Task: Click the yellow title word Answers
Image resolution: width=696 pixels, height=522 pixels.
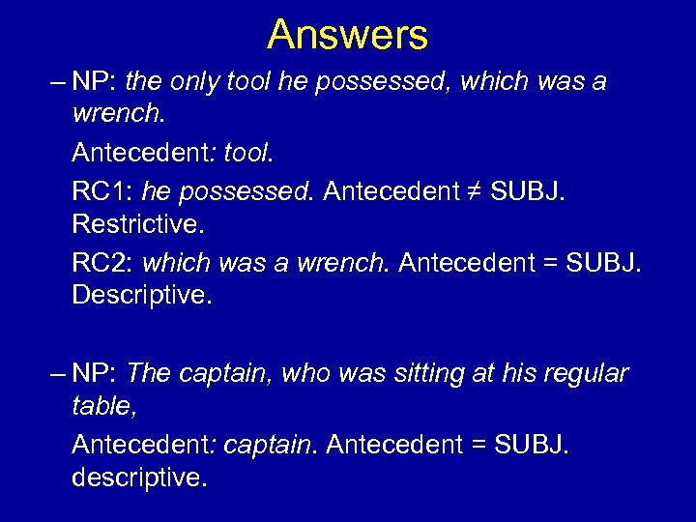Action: tap(347, 36)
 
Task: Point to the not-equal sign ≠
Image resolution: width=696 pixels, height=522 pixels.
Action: tap(474, 190)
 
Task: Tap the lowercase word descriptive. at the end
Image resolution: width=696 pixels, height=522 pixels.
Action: tap(138, 478)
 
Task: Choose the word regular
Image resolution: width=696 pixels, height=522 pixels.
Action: tap(582, 373)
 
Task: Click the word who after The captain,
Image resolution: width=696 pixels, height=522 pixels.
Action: tap(305, 373)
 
